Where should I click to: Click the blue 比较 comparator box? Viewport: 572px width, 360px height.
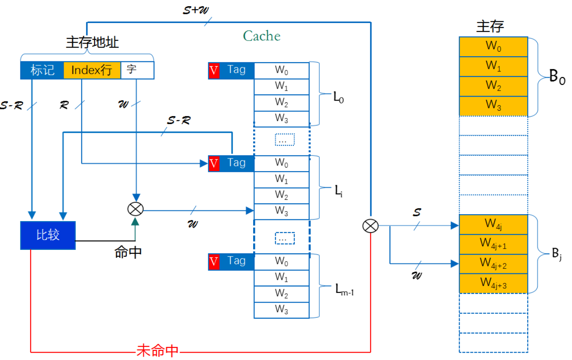[48, 236]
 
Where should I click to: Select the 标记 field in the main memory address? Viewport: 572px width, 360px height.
[42, 71]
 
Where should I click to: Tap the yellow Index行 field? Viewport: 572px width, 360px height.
[91, 71]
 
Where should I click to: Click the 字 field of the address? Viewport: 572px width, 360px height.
[137, 71]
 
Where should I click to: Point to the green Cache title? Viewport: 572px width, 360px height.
[261, 36]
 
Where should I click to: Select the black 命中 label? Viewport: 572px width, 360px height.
[128, 252]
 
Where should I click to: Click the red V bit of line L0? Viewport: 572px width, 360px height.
[214, 71]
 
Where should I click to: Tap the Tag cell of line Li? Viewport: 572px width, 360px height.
[236, 163]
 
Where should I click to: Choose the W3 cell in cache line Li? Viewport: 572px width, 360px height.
[281, 211]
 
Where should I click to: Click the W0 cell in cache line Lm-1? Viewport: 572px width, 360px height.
[281, 262]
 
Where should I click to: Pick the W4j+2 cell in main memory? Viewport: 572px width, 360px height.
[493, 263]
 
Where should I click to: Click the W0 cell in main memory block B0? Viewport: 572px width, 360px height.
[493, 46]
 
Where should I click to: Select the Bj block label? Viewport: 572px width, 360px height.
[557, 254]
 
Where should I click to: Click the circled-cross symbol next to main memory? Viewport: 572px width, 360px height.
[370, 226]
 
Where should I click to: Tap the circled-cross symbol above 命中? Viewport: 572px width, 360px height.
[135, 209]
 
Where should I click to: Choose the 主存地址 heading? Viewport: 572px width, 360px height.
[92, 43]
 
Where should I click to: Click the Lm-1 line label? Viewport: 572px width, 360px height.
[344, 289]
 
